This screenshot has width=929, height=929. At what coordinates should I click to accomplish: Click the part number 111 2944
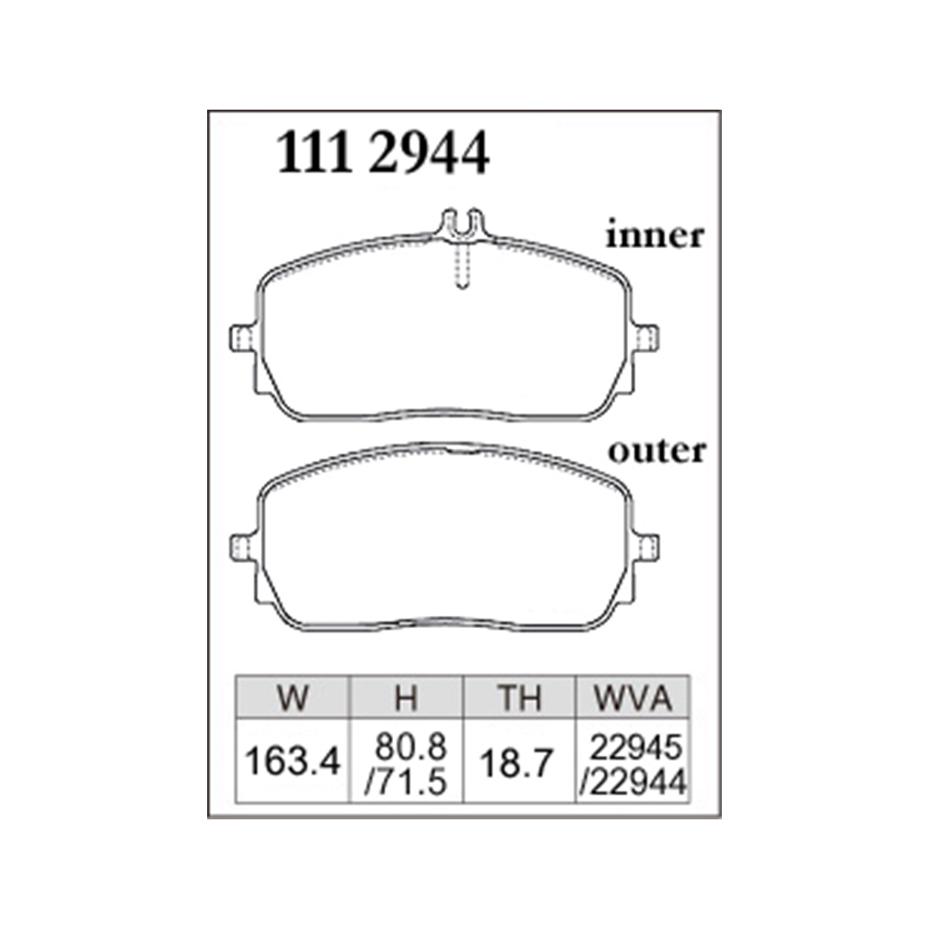pyautogui.click(x=383, y=153)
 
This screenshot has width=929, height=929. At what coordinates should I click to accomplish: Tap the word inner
pyautogui.click(x=655, y=236)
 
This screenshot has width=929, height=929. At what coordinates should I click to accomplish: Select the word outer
pyautogui.click(x=657, y=451)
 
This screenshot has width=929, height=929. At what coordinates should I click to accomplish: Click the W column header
pyautogui.click(x=293, y=698)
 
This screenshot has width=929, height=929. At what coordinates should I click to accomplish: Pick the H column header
pyautogui.click(x=407, y=698)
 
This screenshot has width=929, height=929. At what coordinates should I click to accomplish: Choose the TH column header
pyautogui.click(x=519, y=698)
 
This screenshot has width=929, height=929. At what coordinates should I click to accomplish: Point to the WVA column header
pyautogui.click(x=634, y=698)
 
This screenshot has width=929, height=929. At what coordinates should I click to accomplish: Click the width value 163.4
pyautogui.click(x=293, y=761)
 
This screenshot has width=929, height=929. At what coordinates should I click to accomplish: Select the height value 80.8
pyautogui.click(x=411, y=748)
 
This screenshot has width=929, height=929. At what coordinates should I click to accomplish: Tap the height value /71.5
pyautogui.click(x=405, y=782)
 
